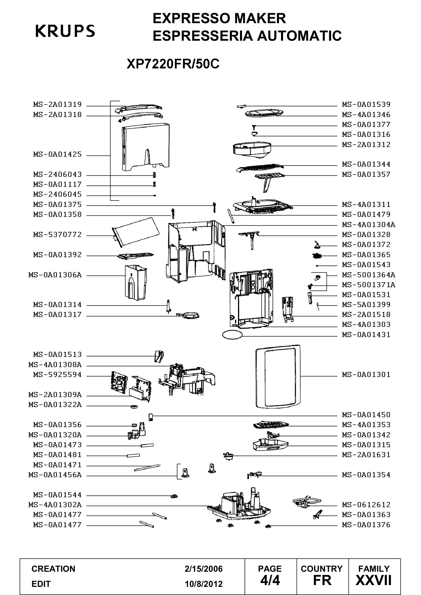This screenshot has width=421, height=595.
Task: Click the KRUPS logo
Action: [x=65, y=31]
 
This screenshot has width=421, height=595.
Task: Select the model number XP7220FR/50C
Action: [x=173, y=64]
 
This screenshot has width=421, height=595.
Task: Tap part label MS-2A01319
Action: [x=57, y=105]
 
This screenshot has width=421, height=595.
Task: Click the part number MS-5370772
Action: [x=57, y=235]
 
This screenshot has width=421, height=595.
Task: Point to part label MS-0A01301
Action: [x=366, y=375]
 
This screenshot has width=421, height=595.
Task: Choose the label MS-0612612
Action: [x=366, y=505]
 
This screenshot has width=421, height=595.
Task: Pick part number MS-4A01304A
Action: [x=369, y=225]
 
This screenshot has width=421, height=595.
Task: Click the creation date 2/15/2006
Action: [x=204, y=569]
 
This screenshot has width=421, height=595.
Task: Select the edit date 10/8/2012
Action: [x=204, y=584]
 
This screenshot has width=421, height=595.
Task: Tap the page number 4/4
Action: [x=270, y=581]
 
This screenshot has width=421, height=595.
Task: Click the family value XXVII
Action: [x=374, y=581]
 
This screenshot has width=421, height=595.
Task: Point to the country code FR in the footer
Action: [x=322, y=581]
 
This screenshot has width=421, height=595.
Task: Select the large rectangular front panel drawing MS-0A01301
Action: [x=278, y=376]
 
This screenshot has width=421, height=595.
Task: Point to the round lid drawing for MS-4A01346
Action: [x=264, y=113]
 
